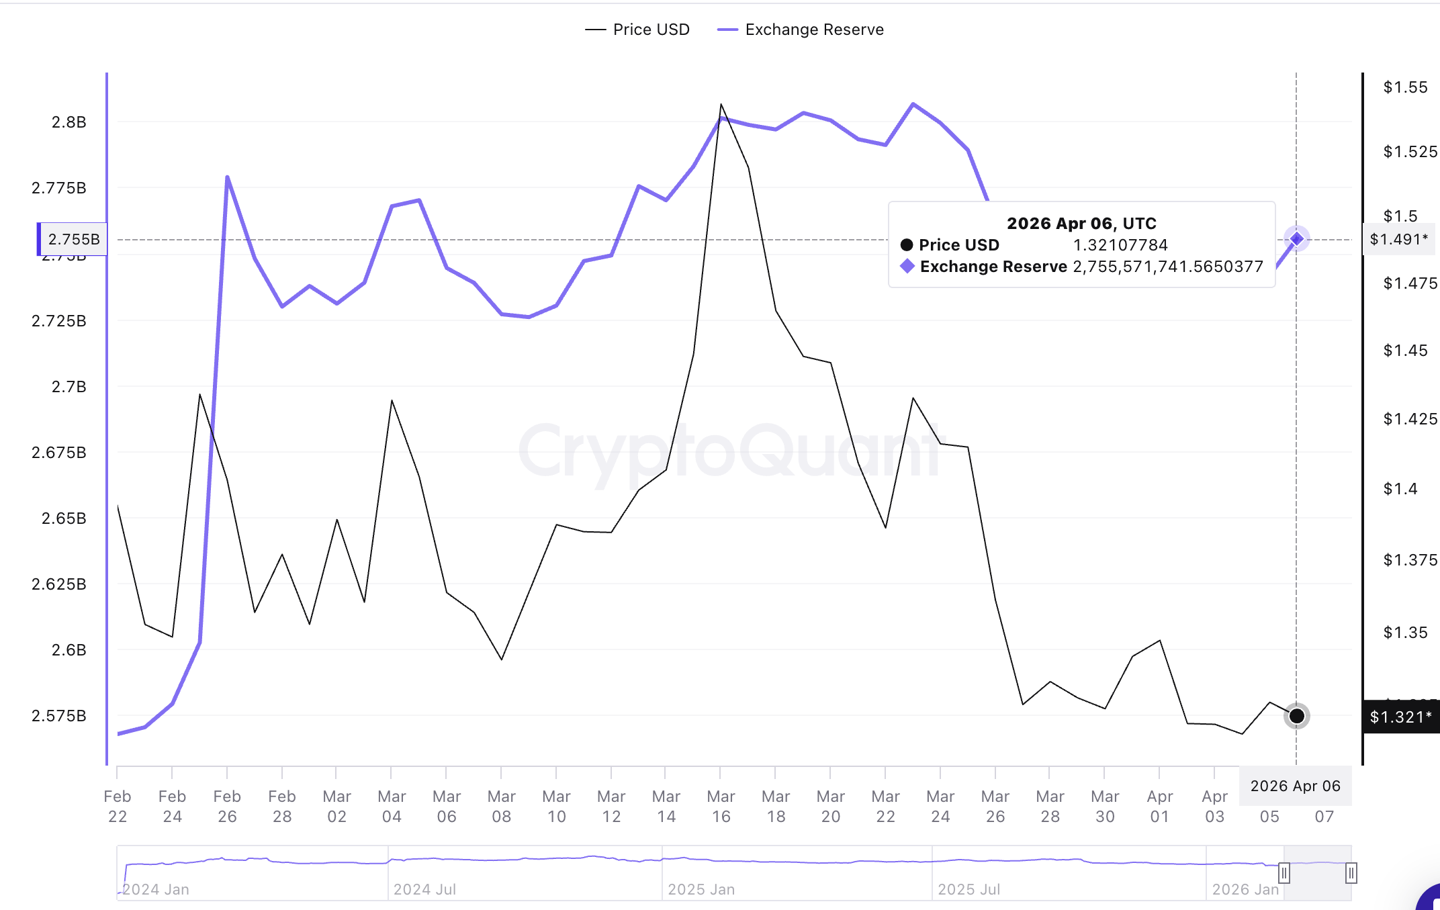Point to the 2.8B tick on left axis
pos(69,122)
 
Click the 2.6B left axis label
pos(69,650)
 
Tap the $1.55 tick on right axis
pos(1405,87)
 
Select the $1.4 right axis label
pos(1400,489)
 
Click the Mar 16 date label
pos(721,806)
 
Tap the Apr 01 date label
pos(1160,806)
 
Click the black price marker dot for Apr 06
pos(1296,716)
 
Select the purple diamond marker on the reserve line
pos(1296,238)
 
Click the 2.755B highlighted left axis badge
pos(73,239)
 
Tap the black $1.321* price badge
pos(1400,717)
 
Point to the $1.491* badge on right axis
pos(1398,239)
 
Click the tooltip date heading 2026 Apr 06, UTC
pos(1081,224)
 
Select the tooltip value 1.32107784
pos(1120,245)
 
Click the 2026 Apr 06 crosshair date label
pos(1295,786)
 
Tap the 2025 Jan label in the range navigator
pos(701,889)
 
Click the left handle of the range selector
pos(1284,873)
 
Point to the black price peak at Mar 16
pos(721,105)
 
